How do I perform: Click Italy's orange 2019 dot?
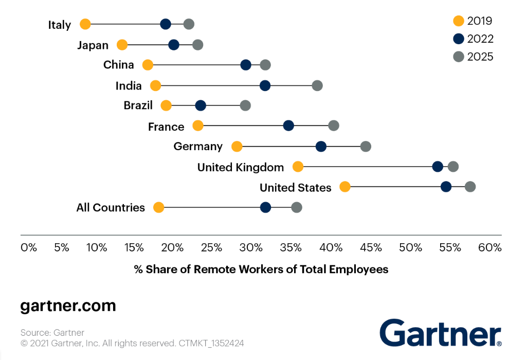(85, 24)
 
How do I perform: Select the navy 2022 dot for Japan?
(174, 45)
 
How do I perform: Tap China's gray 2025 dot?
(265, 65)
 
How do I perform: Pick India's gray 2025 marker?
(317, 85)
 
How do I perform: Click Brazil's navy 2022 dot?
(201, 105)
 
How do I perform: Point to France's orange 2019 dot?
(198, 125)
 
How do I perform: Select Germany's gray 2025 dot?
(366, 147)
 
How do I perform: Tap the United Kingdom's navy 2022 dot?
(438, 166)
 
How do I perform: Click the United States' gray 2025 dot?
(470, 187)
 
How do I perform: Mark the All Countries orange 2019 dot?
(159, 207)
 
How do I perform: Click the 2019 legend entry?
(473, 21)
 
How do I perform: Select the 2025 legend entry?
(474, 57)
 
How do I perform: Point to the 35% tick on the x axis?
(291, 247)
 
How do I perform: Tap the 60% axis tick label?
(489, 247)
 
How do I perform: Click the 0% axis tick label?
(29, 247)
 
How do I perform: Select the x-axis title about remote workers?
(261, 269)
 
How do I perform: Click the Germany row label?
(198, 147)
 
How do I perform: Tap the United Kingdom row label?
(241, 167)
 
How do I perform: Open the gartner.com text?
(68, 306)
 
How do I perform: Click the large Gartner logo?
(441, 333)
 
